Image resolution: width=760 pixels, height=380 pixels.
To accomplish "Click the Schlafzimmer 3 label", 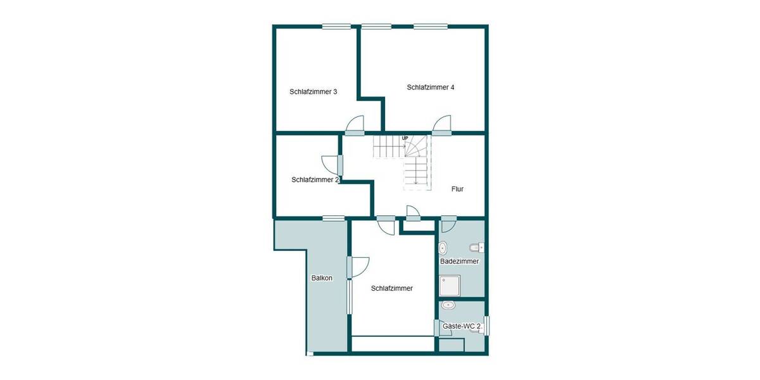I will (313, 91).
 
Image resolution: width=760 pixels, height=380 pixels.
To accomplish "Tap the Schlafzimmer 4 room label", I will (431, 87).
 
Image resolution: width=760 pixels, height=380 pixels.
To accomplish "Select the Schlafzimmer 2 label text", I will (315, 180).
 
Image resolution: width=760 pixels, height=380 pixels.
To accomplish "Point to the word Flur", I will (458, 189).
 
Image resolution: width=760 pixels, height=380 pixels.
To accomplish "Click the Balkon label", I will (322, 277).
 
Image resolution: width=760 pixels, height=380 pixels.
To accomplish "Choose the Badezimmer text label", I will (459, 261).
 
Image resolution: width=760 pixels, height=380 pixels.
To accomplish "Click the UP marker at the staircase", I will (405, 138).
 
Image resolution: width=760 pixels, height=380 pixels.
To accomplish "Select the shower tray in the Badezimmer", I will (450, 286).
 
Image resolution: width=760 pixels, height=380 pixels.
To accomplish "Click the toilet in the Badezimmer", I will (476, 246).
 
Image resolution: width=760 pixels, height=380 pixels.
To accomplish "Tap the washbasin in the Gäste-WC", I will (449, 305).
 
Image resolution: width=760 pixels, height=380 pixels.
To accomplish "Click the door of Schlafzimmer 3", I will (355, 126).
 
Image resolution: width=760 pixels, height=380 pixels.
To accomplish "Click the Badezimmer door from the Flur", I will (448, 223).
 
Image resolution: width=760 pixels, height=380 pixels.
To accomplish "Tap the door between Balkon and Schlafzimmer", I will (357, 267).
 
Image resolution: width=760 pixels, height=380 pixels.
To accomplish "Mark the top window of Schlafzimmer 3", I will (336, 26).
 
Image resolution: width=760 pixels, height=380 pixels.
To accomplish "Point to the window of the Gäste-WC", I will (486, 325).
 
